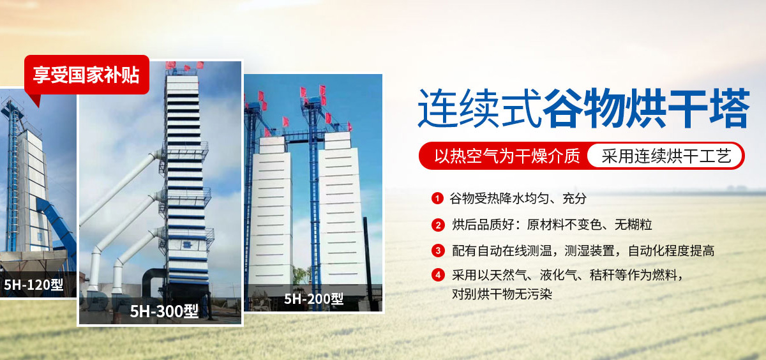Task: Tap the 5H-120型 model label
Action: tap(33, 285)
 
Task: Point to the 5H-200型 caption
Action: tap(313, 299)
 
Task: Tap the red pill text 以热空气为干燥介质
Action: tap(507, 155)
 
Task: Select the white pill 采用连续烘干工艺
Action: tap(664, 155)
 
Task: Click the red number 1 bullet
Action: tap(438, 198)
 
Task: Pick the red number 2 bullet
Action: tap(438, 225)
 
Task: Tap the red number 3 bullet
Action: tap(438, 250)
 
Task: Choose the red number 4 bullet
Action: tap(438, 276)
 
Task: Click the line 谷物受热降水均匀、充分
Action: tap(518, 198)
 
